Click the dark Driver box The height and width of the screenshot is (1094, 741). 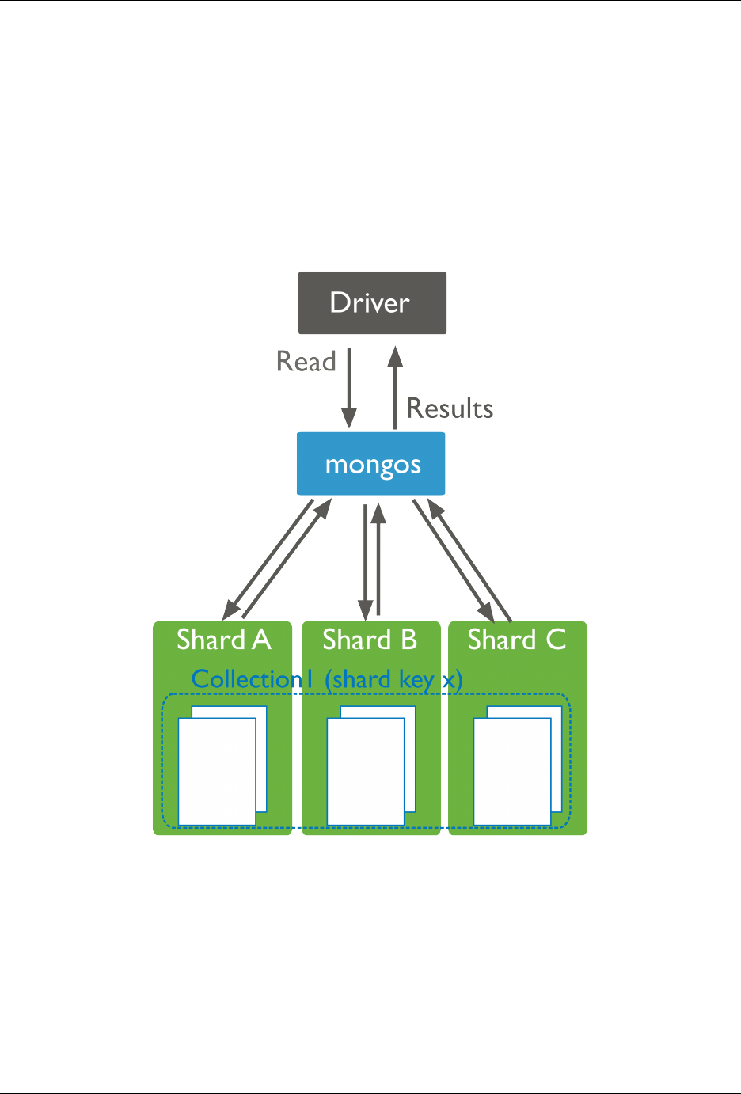372,302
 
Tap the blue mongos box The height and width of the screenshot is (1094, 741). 370,464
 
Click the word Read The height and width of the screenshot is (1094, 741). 306,362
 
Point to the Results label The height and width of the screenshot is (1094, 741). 450,408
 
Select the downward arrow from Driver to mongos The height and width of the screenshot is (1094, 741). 348,388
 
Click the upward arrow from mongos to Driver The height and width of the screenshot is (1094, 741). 395,388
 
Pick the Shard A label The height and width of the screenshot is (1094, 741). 223,640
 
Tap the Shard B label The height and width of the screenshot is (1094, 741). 370,640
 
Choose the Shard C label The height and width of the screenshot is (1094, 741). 516,640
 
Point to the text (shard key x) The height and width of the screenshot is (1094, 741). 393,679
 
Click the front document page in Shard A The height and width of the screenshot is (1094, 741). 216,772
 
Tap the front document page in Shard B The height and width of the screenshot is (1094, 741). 365,772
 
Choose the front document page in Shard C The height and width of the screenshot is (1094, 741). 511,772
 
